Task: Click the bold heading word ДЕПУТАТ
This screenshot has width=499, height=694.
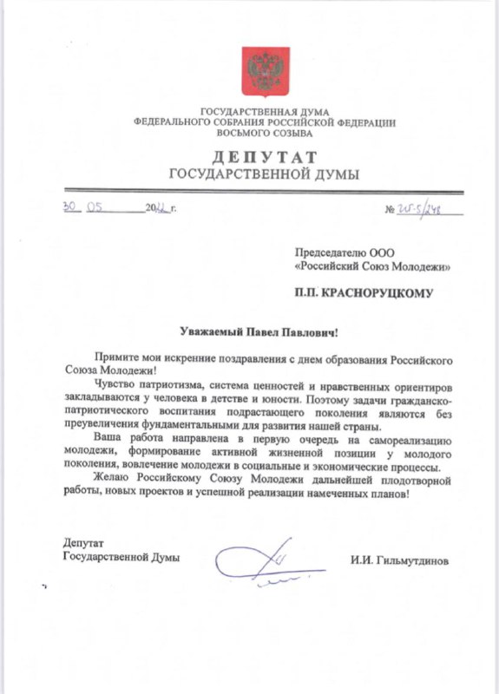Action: pos(261,155)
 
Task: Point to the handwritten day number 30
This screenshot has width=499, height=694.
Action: pos(69,208)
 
